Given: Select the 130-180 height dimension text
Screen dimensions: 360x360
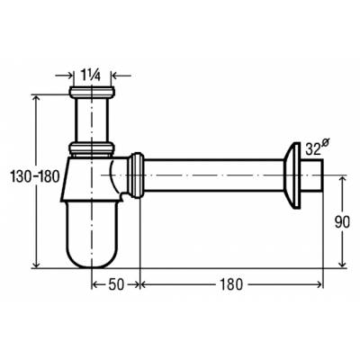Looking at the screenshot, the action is coord(35,176).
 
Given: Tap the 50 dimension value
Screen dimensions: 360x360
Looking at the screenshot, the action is coord(116,284).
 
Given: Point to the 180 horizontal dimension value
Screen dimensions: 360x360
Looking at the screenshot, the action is coord(231,284).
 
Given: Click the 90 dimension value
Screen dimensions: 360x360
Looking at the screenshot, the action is coord(342,222).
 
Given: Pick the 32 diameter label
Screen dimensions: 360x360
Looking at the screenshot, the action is coord(316,148).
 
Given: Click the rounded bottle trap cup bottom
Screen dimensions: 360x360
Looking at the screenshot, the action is coord(92,235).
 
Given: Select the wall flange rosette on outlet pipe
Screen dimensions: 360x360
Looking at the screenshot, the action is coord(292,175).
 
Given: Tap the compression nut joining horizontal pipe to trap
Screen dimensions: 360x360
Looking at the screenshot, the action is coord(136,175).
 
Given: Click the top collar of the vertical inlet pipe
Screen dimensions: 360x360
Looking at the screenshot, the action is coord(92,91).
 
